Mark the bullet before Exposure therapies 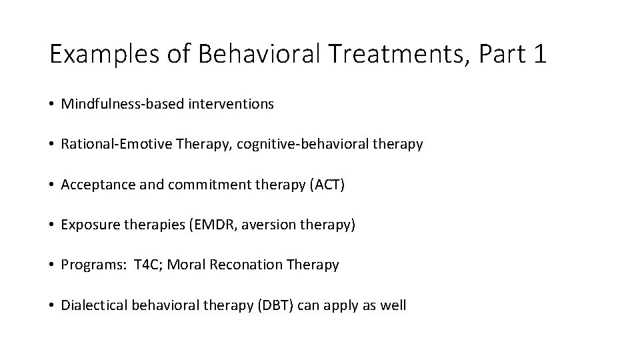click(52, 225)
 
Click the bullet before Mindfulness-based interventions click(52, 105)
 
